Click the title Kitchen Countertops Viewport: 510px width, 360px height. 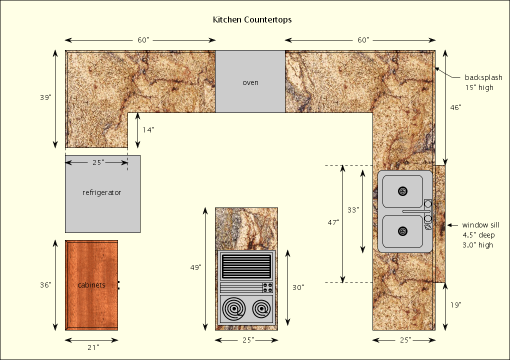tap(252, 20)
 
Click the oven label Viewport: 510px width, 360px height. tap(250, 82)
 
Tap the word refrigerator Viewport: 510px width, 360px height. tap(101, 192)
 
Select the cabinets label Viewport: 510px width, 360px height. tap(91, 285)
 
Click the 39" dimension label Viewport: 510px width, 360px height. tap(46, 98)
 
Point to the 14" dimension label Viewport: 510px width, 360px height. tap(148, 130)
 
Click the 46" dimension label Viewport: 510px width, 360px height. tap(455, 107)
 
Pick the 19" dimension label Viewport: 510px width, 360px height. tap(455, 304)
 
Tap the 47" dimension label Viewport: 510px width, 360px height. tap(333, 222)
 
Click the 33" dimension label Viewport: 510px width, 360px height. tap(353, 210)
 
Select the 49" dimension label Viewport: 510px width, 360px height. tap(196, 267)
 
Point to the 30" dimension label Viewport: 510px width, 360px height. tap(298, 287)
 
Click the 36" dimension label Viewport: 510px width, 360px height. tap(46, 285)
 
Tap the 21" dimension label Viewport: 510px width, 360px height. tap(93, 346)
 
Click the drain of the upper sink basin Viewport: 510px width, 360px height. tap(402, 191)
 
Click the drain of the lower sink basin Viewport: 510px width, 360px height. tap(402, 231)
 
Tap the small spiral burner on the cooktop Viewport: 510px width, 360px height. tap(261, 309)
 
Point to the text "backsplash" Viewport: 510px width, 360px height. tap(483, 77)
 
